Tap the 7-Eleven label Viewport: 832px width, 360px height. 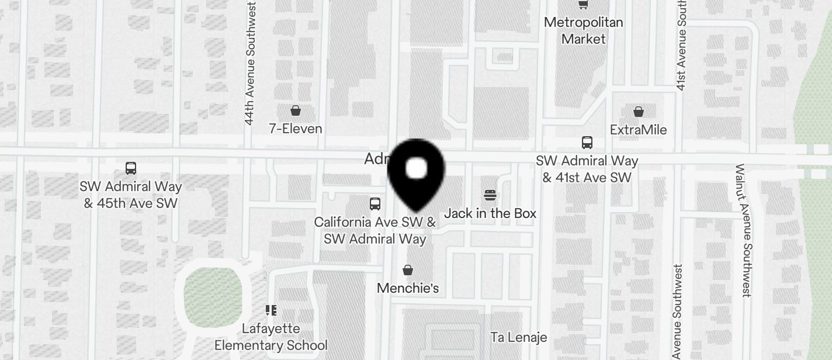(296, 129)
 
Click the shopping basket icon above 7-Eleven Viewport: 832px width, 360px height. (296, 110)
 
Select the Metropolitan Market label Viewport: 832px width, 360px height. (583, 30)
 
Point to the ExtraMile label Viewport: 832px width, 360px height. (638, 130)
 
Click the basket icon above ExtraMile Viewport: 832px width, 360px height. (639, 111)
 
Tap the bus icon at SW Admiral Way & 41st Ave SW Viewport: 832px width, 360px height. (587, 142)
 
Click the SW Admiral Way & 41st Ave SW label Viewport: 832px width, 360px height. (587, 169)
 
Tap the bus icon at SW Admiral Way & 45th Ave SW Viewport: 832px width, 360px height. (131, 168)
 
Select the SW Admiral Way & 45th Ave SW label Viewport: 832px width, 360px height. (131, 195)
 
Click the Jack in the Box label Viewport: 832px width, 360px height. (490, 213)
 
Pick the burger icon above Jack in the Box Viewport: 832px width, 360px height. (490, 195)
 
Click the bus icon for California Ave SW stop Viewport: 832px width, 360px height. (375, 203)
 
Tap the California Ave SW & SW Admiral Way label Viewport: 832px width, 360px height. (375, 230)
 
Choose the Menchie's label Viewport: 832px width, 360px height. (408, 288)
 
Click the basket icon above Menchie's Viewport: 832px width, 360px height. (408, 270)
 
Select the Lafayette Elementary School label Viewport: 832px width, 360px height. (271, 337)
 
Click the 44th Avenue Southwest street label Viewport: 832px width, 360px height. (250, 63)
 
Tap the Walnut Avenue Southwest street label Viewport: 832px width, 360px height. (743, 230)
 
